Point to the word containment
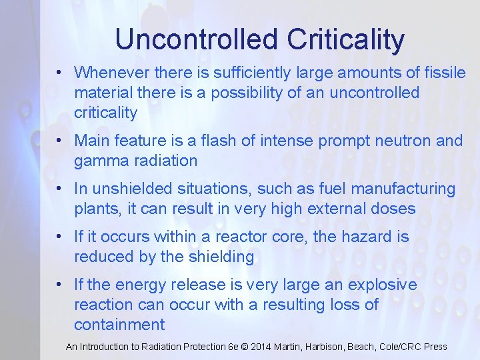point(119,325)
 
